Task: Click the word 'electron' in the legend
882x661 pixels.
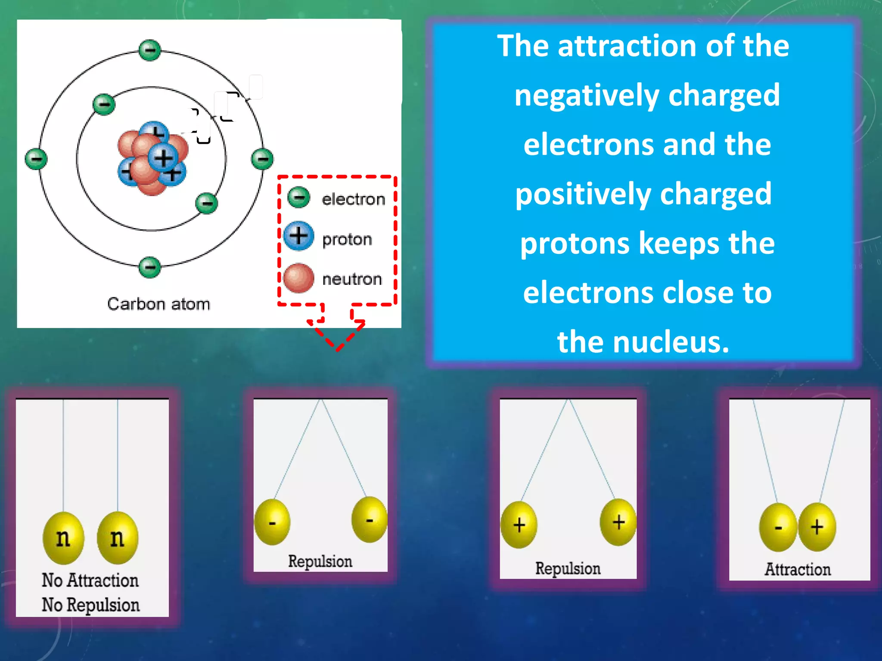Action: (x=353, y=199)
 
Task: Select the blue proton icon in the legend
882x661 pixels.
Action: (x=298, y=236)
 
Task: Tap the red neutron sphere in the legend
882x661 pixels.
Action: (x=298, y=278)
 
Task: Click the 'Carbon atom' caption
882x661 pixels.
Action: (x=158, y=304)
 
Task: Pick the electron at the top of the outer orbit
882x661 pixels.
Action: (x=150, y=50)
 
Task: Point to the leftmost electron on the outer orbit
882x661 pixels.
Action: (x=36, y=159)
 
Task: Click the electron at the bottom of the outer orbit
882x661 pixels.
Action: (x=150, y=267)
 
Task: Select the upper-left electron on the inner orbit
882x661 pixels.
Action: (x=104, y=104)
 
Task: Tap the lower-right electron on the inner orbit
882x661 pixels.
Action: (x=206, y=203)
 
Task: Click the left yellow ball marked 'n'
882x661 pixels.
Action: (x=63, y=538)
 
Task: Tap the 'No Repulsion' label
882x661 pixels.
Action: (x=90, y=605)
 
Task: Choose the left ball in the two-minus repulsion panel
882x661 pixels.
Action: (x=272, y=522)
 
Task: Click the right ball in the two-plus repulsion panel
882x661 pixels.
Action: (x=618, y=522)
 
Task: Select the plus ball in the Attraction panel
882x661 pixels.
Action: (x=817, y=527)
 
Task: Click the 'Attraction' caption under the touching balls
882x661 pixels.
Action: (x=798, y=569)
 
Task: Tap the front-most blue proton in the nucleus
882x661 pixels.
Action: (x=163, y=158)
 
